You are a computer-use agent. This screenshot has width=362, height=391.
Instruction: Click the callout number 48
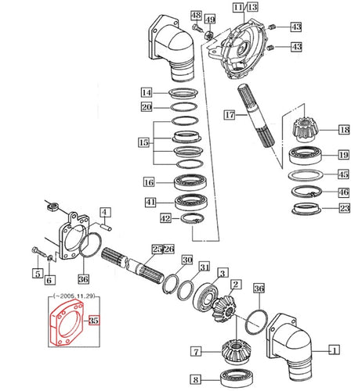[195, 16]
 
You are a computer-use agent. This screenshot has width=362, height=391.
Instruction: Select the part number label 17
[229, 115]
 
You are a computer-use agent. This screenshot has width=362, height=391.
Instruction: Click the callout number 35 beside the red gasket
[94, 321]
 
